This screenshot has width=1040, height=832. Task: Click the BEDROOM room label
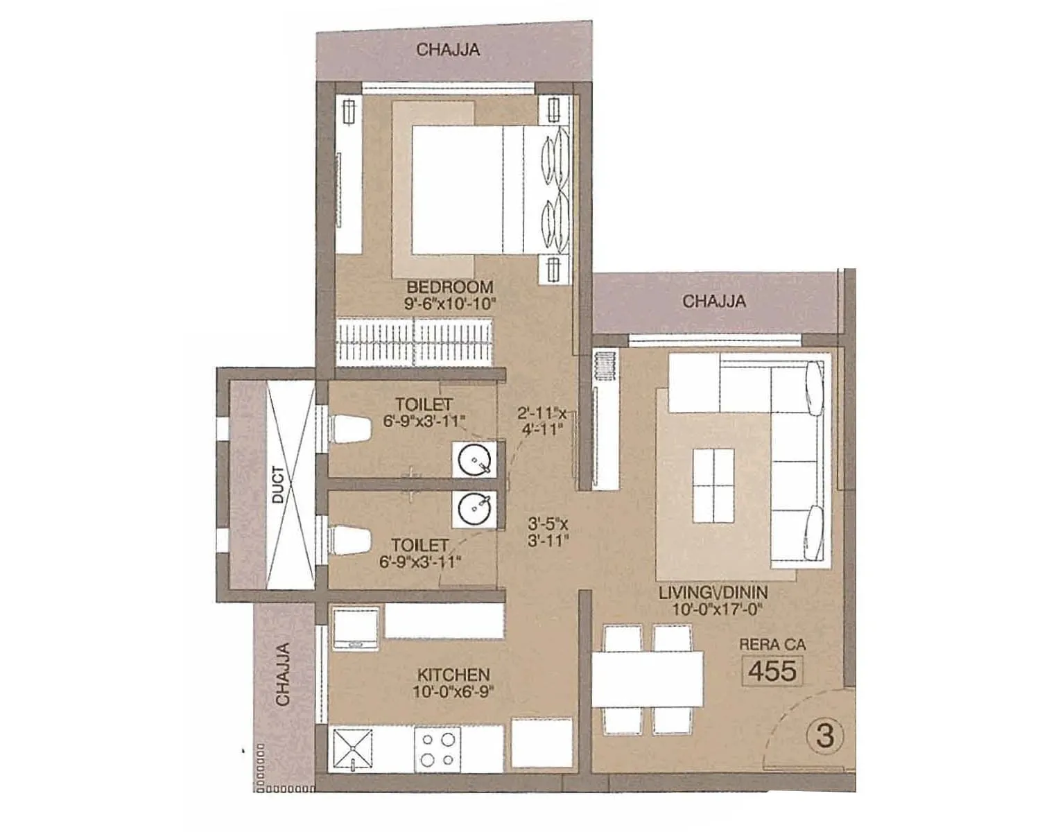coord(449,286)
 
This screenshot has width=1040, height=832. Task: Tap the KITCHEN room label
coord(453,674)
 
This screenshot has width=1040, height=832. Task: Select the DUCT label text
coord(278,485)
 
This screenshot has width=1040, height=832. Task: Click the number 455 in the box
coord(772,671)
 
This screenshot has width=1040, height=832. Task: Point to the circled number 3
coord(824,735)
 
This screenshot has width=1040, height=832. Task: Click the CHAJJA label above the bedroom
coord(448,50)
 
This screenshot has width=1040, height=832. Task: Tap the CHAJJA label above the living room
coord(713,302)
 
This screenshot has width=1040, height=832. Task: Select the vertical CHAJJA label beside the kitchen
coord(282,675)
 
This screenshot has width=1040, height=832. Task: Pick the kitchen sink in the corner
coord(354,749)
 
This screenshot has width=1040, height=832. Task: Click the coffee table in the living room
coord(713,485)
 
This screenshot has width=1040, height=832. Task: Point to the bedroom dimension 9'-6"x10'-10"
coord(451,304)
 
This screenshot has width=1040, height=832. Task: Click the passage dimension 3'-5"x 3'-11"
coord(548,532)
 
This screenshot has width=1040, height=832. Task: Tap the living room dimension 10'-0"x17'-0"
coord(716,610)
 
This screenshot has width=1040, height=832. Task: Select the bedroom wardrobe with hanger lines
coord(415,341)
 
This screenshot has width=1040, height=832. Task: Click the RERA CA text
coord(772,645)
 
